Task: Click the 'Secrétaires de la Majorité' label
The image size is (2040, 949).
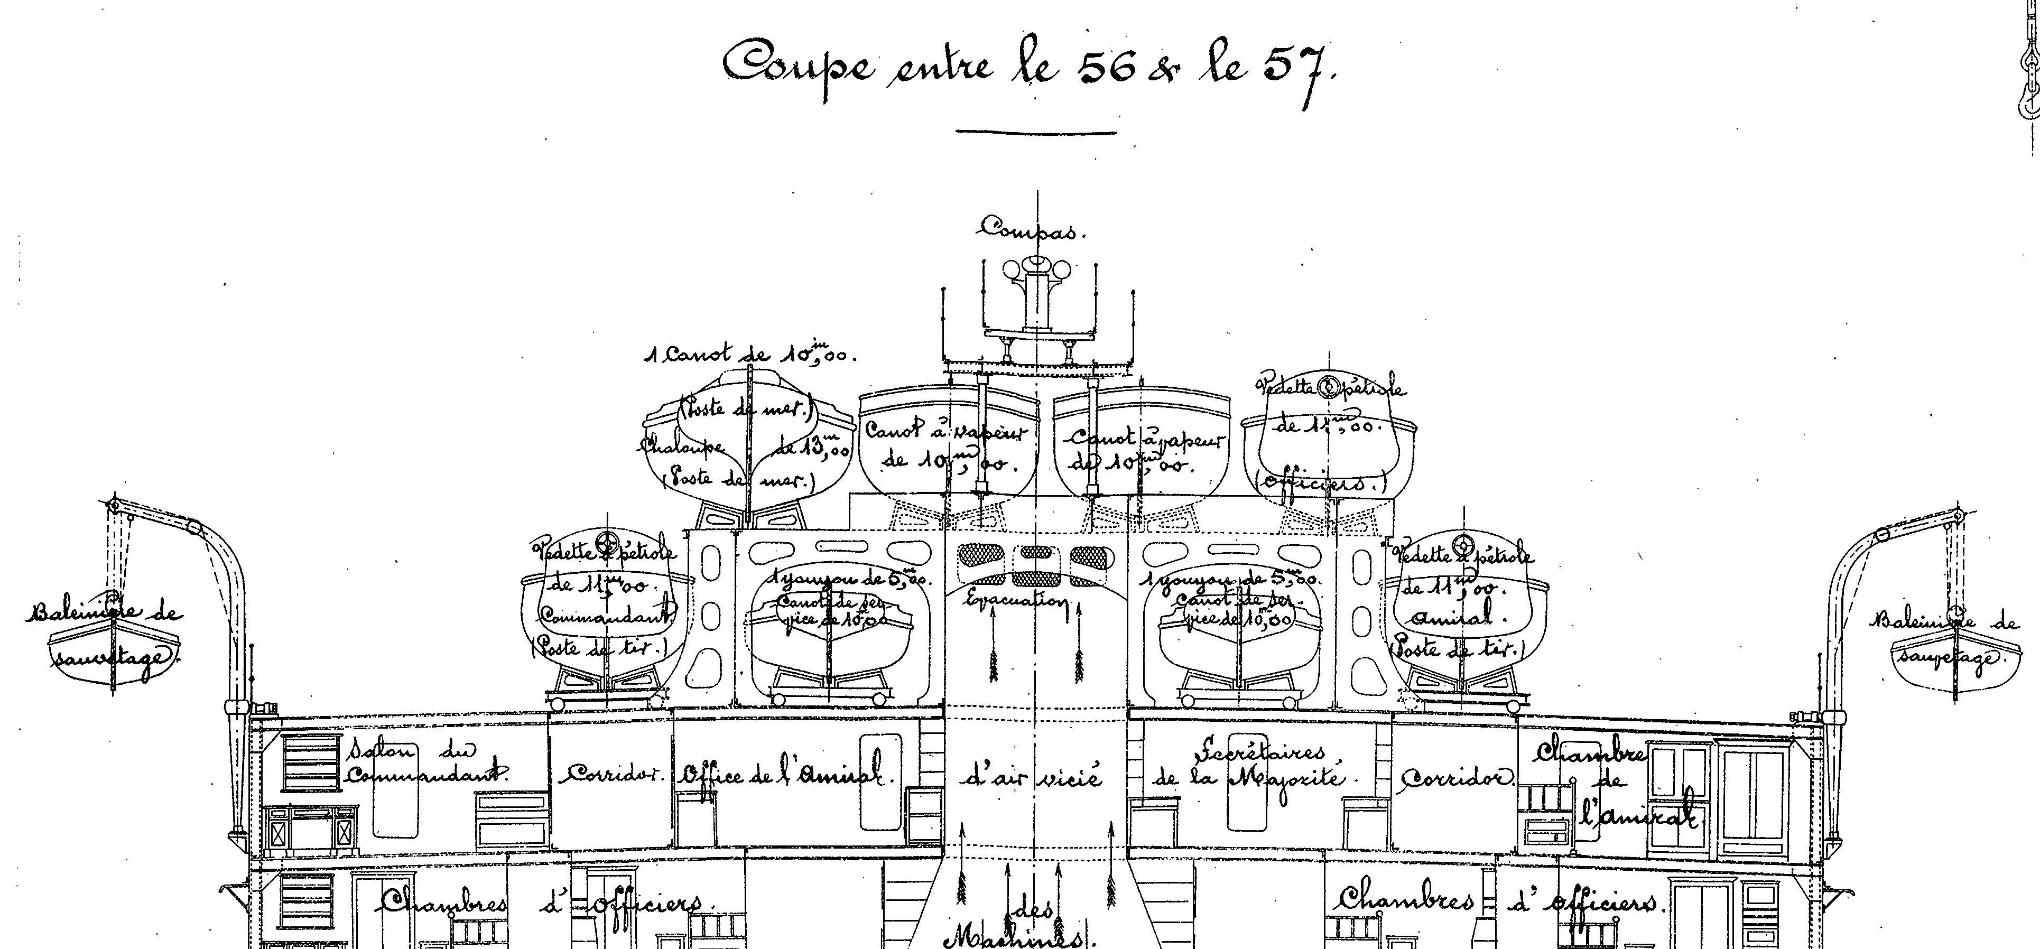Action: (1251, 764)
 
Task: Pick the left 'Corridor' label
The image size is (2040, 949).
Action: (610, 774)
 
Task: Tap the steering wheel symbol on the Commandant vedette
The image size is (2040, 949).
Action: (608, 545)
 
